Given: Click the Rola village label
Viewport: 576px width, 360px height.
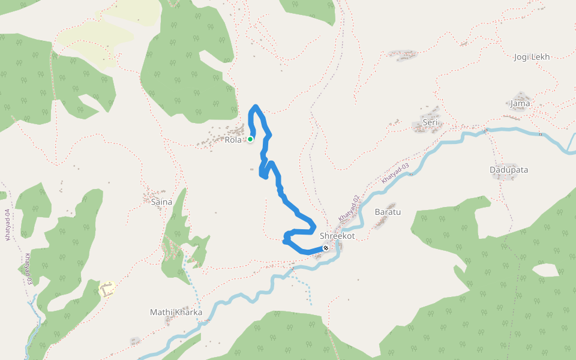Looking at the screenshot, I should (233, 140).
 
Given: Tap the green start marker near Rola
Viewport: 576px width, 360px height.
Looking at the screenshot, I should (250, 139).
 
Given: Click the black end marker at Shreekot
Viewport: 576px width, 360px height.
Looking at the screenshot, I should (326, 248).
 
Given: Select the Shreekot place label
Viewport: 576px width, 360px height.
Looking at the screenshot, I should (337, 236).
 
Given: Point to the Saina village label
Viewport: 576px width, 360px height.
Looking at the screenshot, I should (162, 202).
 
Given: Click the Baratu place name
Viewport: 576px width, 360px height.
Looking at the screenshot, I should (387, 212).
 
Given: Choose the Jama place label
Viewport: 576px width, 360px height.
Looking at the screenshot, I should (520, 104).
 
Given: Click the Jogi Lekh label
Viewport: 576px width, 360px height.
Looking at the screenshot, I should (532, 57).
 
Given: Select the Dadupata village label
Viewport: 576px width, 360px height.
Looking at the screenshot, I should (509, 170).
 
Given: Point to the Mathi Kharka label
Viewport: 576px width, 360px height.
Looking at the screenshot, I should (176, 313).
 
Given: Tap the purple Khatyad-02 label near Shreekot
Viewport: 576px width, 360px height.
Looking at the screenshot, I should (348, 208).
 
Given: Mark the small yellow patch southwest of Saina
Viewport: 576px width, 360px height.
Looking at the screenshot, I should (107, 289).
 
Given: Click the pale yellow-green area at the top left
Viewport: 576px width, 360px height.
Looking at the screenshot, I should (102, 36).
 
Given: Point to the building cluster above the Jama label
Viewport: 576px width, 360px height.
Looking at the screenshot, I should (521, 96).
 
